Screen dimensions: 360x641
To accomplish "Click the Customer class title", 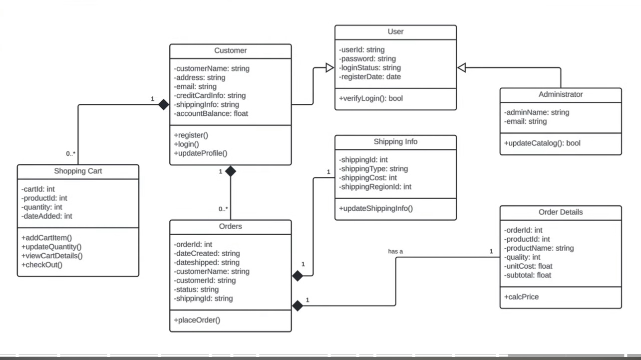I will (230, 50).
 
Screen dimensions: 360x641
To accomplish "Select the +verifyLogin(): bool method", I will (371, 98).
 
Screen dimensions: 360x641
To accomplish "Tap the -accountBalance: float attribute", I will (211, 113).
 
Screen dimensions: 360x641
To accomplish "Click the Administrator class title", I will (560, 94).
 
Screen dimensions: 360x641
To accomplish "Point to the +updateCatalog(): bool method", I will (542, 143).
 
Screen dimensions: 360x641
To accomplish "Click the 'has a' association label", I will (395, 251).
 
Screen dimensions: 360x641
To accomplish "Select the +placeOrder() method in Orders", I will (197, 320).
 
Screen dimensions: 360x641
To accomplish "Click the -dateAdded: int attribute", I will (47, 216).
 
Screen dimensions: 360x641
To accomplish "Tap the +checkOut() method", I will (42, 265).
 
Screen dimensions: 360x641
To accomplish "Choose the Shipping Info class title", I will (395, 141).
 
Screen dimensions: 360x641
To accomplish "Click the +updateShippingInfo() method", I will (376, 208).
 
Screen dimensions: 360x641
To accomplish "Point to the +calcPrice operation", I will (521, 297).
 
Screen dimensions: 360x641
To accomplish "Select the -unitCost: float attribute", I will (528, 266).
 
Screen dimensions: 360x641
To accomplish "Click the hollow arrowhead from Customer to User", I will (329, 67).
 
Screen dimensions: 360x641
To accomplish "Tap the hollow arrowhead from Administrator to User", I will (462, 67).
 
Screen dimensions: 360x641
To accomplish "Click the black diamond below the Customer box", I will (230, 171).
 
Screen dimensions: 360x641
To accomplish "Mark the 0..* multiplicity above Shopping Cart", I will (71, 153).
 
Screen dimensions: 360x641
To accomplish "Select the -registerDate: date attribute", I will (370, 76).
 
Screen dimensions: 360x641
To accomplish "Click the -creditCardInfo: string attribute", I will (210, 95).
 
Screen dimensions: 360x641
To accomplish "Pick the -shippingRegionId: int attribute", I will (375, 187).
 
